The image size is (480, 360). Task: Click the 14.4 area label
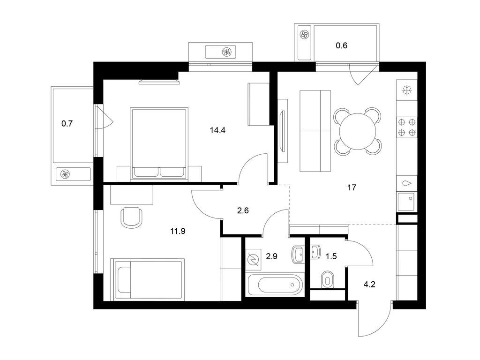(x=217, y=130)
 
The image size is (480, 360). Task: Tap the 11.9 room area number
(x=178, y=231)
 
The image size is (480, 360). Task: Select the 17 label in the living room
(x=352, y=187)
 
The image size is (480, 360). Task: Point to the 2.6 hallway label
(x=243, y=210)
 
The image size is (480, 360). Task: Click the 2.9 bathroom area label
(x=271, y=256)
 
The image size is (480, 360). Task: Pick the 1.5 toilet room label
(x=331, y=256)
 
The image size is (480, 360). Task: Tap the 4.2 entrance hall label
(x=369, y=285)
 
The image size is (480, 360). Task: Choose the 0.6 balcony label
(x=341, y=46)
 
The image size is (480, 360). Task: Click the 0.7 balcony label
(x=67, y=124)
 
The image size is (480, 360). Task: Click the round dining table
(x=358, y=131)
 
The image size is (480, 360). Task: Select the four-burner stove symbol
(x=407, y=127)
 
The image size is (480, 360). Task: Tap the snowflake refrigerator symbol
(x=407, y=90)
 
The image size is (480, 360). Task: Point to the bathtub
(x=276, y=285)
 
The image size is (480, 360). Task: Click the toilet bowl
(x=328, y=279)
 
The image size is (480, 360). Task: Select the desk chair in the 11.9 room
(x=132, y=217)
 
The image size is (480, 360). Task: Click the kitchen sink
(x=406, y=202)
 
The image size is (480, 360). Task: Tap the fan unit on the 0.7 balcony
(x=73, y=174)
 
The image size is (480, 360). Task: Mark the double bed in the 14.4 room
(x=159, y=143)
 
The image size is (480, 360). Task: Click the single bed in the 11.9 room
(x=149, y=279)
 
